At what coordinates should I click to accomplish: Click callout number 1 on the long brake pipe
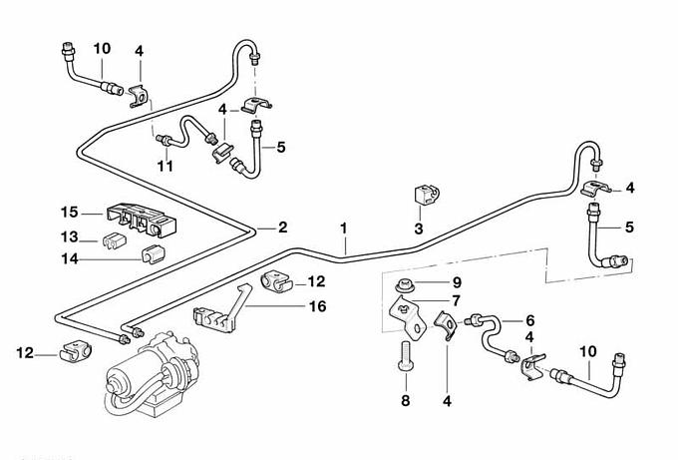343,229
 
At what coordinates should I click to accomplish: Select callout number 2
282,228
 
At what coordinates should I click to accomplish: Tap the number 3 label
419,229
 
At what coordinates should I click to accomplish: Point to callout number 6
529,320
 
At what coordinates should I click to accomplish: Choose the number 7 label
456,300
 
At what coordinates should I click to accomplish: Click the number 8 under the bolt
406,400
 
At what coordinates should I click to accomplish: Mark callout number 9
456,281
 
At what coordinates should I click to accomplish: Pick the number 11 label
166,166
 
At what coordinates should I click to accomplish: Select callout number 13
69,237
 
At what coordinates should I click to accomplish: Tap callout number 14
69,258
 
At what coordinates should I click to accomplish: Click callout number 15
69,213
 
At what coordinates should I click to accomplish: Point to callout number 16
317,306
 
